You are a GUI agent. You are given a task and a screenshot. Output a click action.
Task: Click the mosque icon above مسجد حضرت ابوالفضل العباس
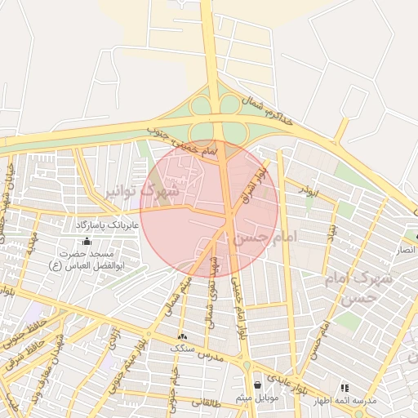87,241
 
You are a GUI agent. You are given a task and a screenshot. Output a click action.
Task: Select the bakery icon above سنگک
181,336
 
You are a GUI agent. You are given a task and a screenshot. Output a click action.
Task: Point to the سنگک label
182,349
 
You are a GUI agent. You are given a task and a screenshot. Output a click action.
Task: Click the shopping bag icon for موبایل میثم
257,385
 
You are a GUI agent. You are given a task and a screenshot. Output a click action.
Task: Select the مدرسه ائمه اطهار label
349,400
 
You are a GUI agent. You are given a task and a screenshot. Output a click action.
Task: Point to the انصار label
406,250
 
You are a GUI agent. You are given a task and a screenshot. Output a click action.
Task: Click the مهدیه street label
31,242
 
